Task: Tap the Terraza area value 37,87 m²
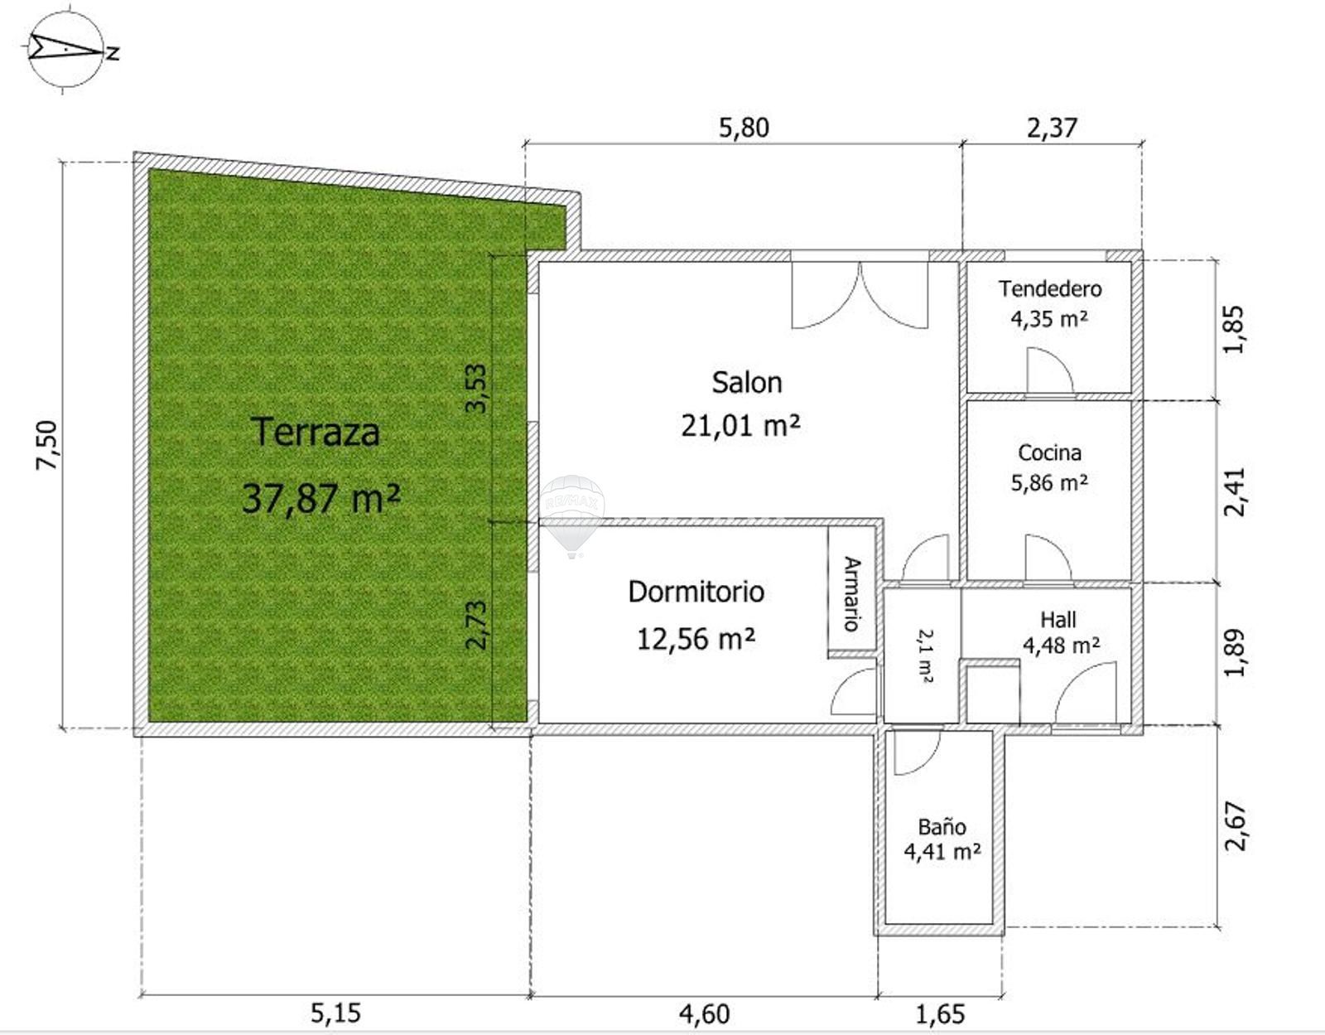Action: tap(321, 498)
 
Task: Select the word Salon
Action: tap(746, 383)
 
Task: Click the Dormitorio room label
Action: tap(696, 592)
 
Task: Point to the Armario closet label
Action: tap(852, 593)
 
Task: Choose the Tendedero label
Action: tap(1050, 288)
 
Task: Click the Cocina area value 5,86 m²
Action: tap(1049, 483)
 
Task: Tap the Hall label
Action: tap(1058, 620)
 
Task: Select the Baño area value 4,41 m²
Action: tap(942, 852)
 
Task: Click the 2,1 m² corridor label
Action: tap(925, 655)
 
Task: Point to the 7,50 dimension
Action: tap(47, 445)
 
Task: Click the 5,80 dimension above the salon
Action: tap(744, 128)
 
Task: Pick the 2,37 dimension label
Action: tap(1052, 128)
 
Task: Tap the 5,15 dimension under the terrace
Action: tap(336, 1013)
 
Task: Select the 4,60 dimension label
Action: tap(704, 1013)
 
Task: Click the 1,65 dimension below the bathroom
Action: tap(940, 1013)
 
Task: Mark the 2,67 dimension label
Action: tap(1236, 826)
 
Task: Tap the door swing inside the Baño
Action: tap(917, 752)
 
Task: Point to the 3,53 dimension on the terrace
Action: tap(476, 389)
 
